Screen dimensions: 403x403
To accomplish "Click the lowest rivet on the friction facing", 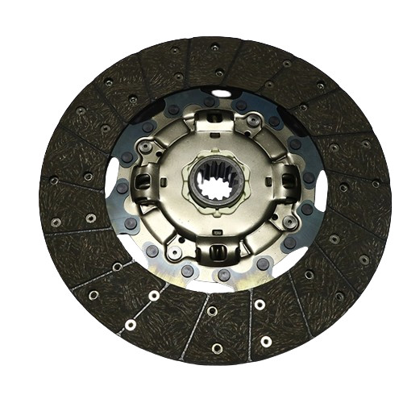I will (216, 348).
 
